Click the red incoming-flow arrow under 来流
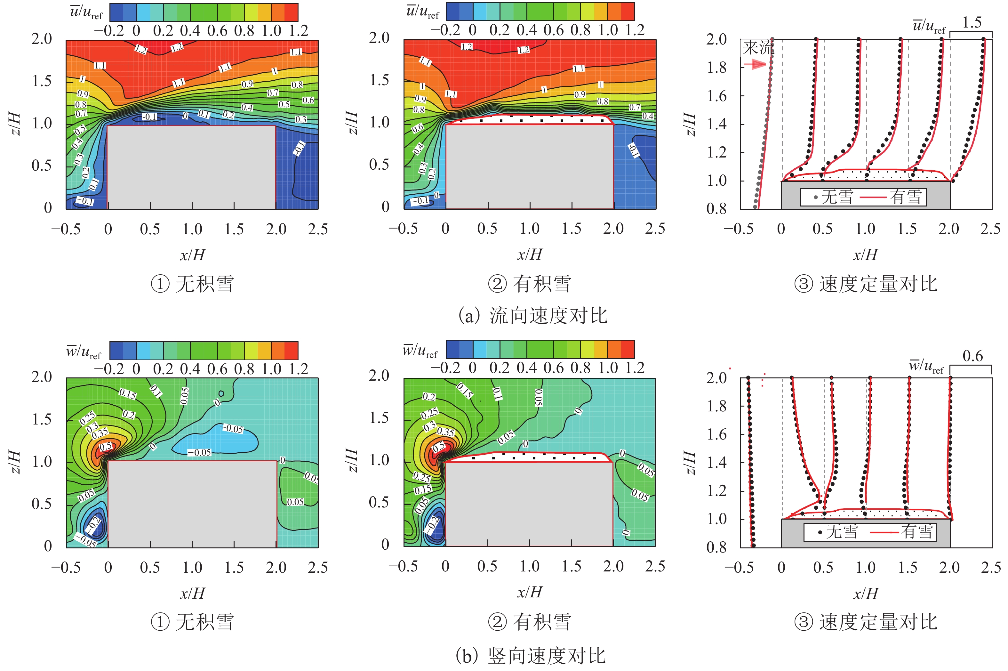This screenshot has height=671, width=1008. click(755, 64)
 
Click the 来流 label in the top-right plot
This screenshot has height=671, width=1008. click(757, 47)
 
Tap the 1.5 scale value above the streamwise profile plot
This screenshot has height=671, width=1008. click(971, 22)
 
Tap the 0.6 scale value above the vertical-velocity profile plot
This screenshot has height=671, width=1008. click(972, 356)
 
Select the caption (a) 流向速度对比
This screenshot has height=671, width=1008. click(532, 316)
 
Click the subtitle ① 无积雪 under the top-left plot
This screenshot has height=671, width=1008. click(192, 284)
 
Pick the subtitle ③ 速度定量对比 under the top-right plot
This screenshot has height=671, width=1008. click(866, 284)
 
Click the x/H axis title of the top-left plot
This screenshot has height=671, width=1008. click(192, 255)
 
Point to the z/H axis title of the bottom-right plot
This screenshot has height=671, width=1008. click(689, 463)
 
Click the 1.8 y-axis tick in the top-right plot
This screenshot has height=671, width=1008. click(716, 67)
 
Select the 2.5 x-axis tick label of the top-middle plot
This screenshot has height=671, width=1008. click(655, 229)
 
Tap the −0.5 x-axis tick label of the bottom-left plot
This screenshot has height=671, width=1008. click(66, 568)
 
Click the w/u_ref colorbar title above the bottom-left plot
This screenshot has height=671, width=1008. click(84, 352)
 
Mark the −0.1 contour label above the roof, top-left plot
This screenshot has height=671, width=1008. click(149, 117)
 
